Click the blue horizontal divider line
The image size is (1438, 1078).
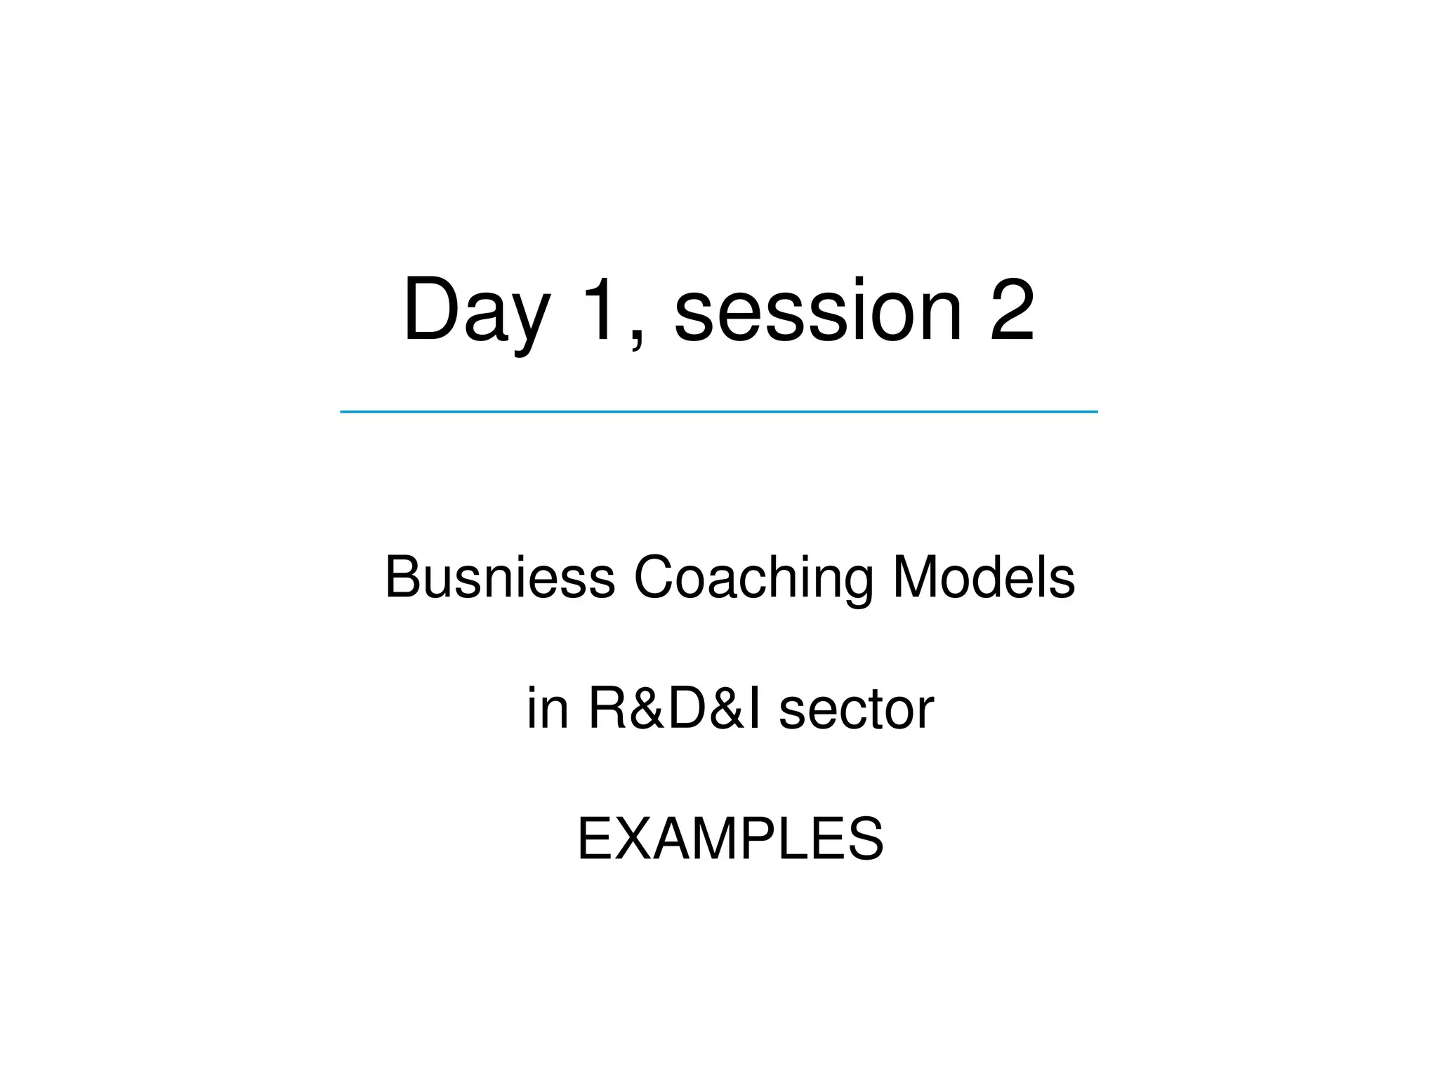718,411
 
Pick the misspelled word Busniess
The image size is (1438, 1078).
500,578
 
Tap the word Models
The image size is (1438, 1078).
984,578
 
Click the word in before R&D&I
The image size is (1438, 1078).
548,709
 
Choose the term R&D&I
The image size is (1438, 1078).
675,709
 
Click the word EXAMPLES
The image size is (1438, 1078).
730,839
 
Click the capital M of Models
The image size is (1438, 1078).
916,578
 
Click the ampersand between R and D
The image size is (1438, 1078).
647,709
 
